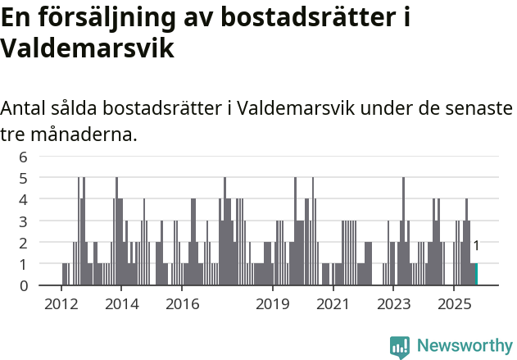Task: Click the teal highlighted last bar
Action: click(476, 274)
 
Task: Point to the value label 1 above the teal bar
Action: click(476, 245)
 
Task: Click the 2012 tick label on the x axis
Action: click(61, 304)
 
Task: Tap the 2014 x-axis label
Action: click(121, 304)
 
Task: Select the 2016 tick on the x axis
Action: click(182, 304)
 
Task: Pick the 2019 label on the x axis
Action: click(272, 304)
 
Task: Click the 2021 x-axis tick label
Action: click(333, 304)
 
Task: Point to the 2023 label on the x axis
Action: click(392, 304)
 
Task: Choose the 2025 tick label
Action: click(453, 304)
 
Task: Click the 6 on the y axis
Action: click(24, 157)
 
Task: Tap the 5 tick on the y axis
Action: click(24, 178)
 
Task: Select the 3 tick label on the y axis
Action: click(24, 221)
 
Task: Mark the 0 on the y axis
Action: click(24, 285)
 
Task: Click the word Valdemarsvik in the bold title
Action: click(88, 48)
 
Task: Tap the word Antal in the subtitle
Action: click(24, 108)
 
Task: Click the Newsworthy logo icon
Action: click(400, 347)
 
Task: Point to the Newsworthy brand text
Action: click(464, 347)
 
